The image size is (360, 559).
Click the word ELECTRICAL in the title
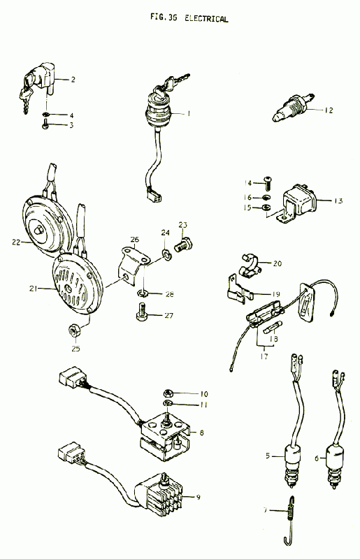coord(206,19)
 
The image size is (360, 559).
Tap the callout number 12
coord(329,110)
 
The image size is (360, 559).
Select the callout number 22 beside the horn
coord(16,242)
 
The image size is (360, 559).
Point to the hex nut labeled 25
coord(73,331)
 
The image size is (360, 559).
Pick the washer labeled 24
coord(166,254)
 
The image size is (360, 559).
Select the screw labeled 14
coord(268,183)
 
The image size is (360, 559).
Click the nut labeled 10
coord(167,393)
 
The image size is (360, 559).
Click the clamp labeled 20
coord(249,266)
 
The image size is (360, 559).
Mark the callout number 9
coord(199,498)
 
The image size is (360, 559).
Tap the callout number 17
coord(264,356)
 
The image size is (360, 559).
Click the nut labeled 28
coord(143,293)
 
